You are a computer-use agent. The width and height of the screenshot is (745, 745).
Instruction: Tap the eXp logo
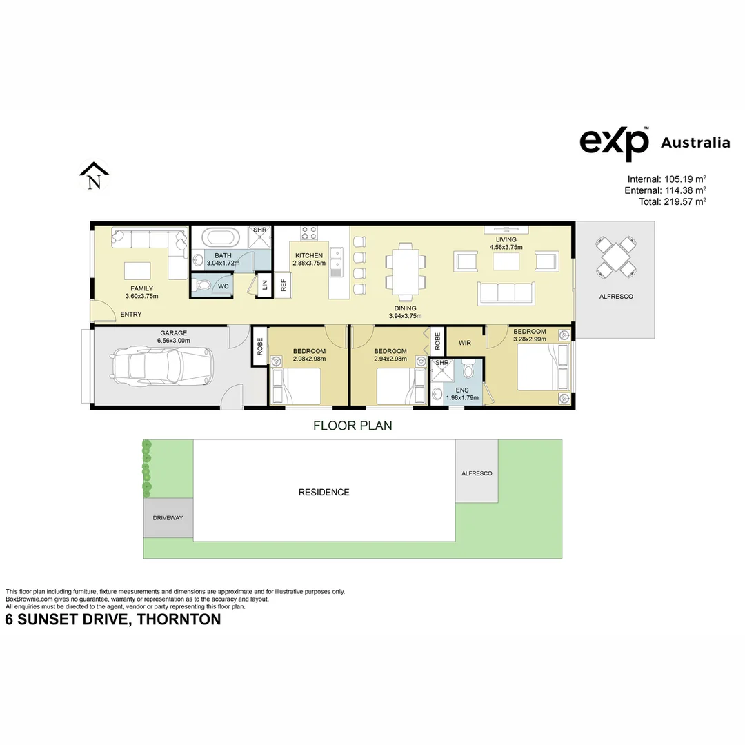coord(614,143)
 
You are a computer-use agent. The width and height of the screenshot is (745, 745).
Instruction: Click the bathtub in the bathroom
coord(221,239)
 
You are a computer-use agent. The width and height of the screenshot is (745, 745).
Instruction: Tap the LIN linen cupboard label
coord(263,286)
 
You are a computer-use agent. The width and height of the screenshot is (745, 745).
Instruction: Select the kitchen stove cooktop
coord(308,232)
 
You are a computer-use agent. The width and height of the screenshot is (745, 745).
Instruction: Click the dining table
coord(401,269)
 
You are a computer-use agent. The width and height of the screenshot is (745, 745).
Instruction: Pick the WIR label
coord(464,342)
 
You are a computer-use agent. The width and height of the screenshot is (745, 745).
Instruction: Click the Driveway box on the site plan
coord(168,517)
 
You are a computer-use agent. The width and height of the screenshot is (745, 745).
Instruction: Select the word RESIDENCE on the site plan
coord(324,493)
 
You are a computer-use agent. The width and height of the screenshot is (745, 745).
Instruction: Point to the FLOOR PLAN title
coord(352,426)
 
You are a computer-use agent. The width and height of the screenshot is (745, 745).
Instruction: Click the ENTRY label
coord(130,315)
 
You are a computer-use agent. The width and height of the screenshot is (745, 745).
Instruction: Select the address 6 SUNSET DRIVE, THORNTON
coord(113,619)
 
